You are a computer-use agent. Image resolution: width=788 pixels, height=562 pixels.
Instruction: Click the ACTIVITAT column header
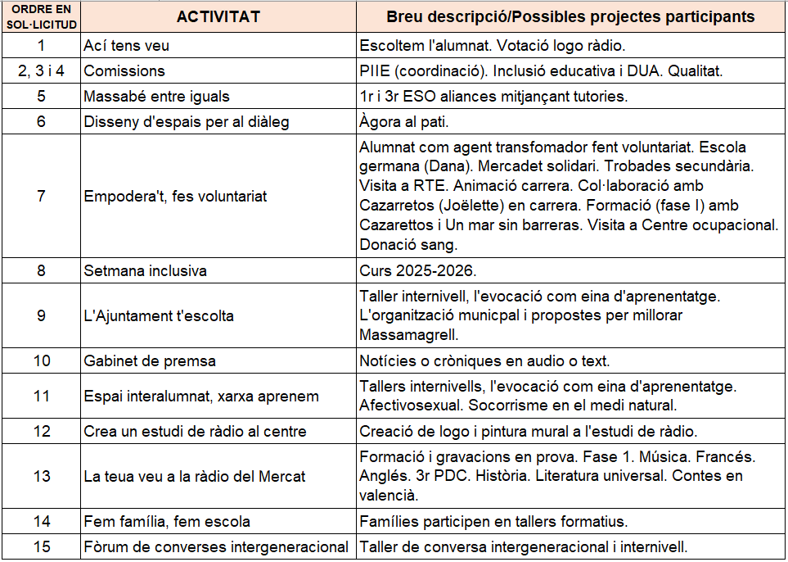218,16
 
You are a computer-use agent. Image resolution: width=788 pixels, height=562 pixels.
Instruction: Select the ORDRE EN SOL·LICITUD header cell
41,16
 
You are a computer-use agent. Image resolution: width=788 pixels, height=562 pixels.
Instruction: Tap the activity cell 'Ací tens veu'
127,45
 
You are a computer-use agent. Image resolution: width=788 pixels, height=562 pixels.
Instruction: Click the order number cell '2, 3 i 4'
41,70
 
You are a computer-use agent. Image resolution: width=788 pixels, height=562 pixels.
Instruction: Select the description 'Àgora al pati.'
404,122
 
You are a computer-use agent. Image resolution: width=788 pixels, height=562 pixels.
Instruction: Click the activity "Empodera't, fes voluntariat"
175,197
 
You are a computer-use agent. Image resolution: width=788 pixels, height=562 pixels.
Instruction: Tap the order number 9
41,315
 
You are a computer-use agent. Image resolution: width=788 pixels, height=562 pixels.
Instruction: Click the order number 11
41,396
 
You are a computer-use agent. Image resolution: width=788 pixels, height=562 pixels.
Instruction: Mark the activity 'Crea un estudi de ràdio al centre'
195,431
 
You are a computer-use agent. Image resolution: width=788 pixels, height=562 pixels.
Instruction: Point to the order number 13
41,476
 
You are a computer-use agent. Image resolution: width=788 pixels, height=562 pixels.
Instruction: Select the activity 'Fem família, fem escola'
167,521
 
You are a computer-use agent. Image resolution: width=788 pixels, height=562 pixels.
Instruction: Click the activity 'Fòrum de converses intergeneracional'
217,546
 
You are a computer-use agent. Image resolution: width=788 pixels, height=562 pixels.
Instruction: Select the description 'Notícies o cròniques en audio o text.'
484,360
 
